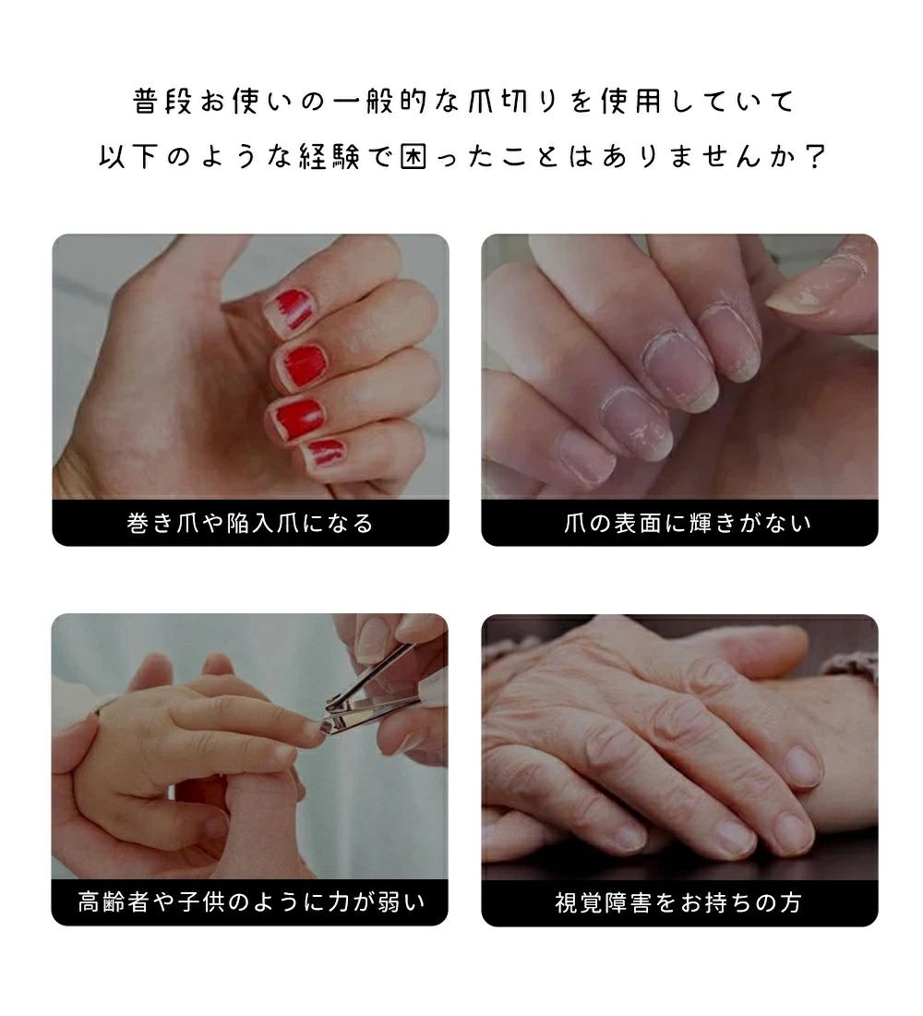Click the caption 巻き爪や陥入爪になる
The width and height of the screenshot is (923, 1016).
[x=250, y=523]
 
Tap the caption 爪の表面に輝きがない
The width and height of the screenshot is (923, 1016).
[x=688, y=523]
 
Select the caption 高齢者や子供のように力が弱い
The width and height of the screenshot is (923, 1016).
[x=251, y=902]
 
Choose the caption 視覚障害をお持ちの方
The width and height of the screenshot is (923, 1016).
[x=678, y=902]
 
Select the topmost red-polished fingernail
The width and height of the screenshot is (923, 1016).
[x=291, y=312]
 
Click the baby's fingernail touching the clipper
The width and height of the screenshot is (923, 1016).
[x=317, y=730]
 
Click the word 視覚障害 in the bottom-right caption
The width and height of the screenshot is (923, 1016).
[x=604, y=902]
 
